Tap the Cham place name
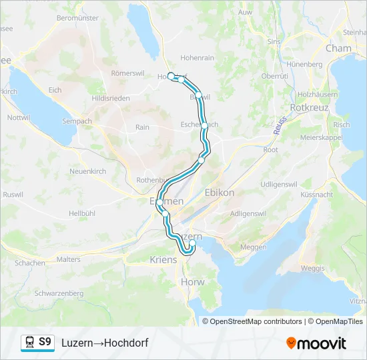[338, 48]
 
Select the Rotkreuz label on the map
[308, 107]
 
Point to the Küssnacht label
[316, 194]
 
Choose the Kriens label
[163, 259]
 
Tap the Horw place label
[192, 282]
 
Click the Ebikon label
[220, 192]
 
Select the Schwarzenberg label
[59, 293]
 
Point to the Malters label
[69, 259]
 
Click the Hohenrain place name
[197, 58]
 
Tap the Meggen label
[253, 247]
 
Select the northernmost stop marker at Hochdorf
[171, 76]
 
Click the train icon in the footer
[29, 342]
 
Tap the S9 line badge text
[45, 342]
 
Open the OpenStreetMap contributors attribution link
[252, 321]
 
